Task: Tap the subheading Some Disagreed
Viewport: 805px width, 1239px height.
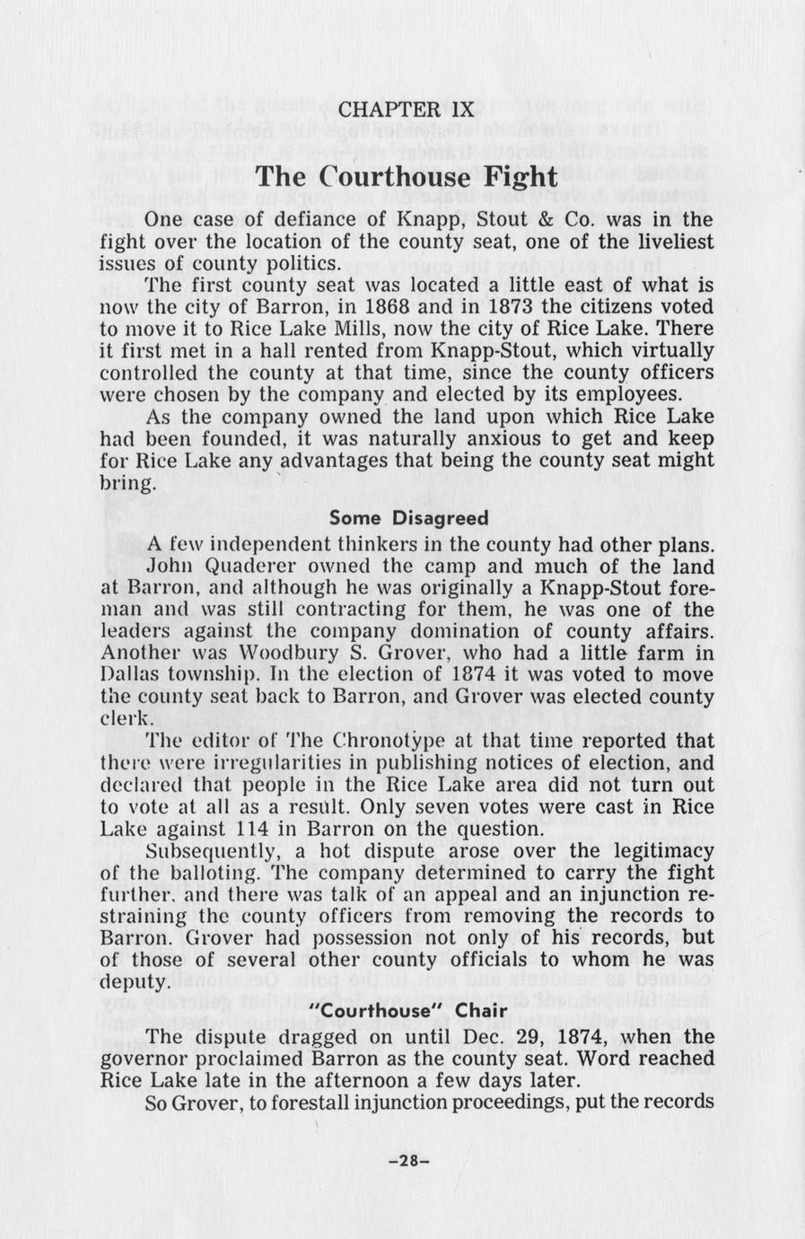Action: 409,518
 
